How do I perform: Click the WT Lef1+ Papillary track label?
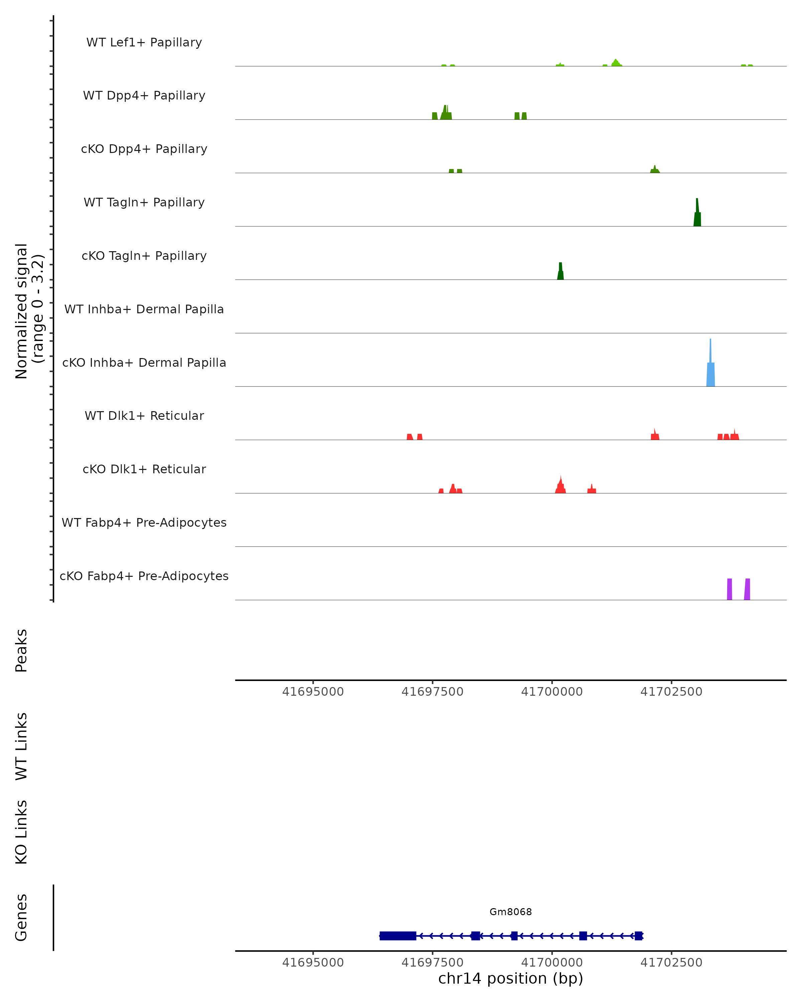click(144, 42)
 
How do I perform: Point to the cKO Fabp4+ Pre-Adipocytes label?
click(144, 576)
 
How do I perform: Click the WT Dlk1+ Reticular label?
click(144, 416)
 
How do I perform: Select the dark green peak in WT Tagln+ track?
click(697, 216)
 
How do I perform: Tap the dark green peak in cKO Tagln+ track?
click(560, 273)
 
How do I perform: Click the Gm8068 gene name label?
click(511, 912)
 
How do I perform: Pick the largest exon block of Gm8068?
click(398, 936)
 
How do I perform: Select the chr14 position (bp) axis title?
click(511, 979)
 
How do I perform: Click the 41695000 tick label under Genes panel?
click(313, 963)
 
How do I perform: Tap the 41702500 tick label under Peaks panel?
click(671, 692)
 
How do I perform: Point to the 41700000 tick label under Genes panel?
click(552, 963)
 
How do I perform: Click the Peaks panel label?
click(21, 650)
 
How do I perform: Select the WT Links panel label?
click(21, 746)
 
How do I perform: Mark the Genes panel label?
click(21, 917)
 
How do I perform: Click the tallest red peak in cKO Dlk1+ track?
click(561, 486)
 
